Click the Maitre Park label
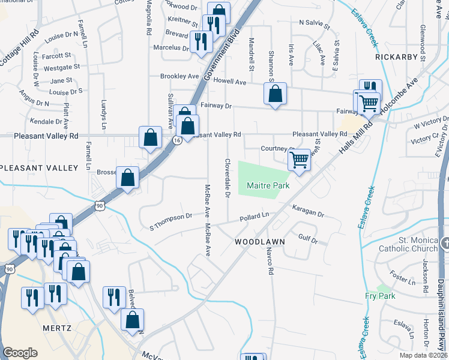(x=268, y=186)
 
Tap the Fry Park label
(x=379, y=296)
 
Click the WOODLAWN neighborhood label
(x=259, y=241)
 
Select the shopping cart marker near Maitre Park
(x=299, y=160)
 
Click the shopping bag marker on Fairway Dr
(x=275, y=94)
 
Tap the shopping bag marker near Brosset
(x=127, y=177)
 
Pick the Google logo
(x=20, y=353)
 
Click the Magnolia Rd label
(x=147, y=17)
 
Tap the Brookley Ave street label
(x=179, y=76)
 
